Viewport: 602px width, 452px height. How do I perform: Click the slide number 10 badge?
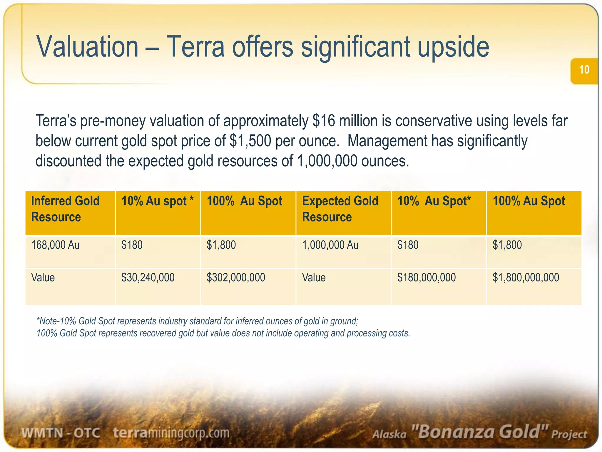(x=584, y=70)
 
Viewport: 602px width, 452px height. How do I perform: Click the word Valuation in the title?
(x=87, y=47)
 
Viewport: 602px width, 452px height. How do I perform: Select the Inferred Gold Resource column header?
(x=65, y=209)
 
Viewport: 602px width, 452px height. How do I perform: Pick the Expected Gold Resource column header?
(x=340, y=209)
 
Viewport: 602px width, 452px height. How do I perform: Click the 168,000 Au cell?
(x=55, y=245)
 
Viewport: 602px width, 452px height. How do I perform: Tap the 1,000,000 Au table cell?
(x=330, y=245)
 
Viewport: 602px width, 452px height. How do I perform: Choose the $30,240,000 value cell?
(x=148, y=277)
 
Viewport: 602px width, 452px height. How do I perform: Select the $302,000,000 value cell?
(x=236, y=277)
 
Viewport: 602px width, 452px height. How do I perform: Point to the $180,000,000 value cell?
(x=427, y=277)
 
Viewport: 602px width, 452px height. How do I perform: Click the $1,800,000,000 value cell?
(x=526, y=277)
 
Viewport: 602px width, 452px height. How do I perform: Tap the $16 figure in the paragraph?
(x=324, y=121)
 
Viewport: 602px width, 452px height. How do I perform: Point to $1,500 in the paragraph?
(x=250, y=141)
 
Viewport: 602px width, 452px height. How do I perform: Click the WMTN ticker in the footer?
(x=42, y=433)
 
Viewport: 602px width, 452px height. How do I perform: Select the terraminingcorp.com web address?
(x=171, y=433)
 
